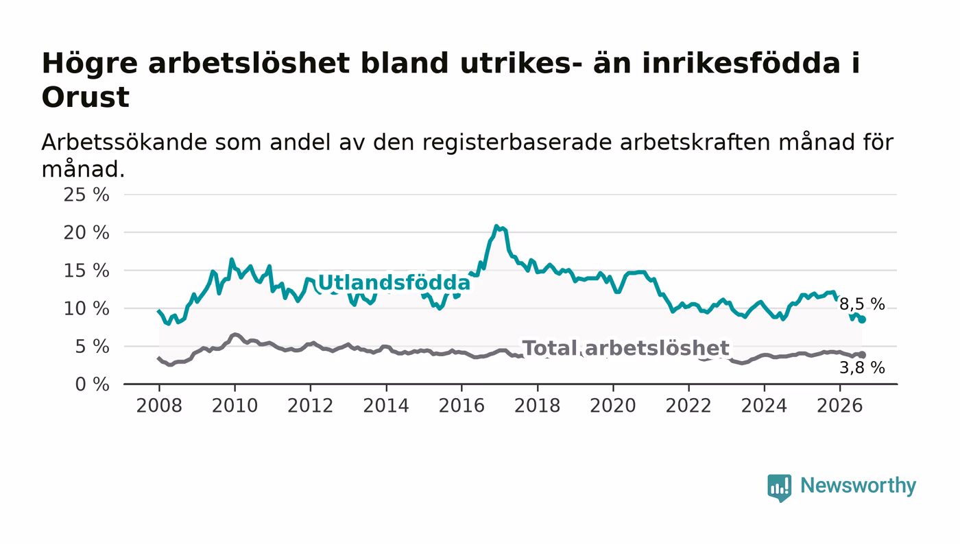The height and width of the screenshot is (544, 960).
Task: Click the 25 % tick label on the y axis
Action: pyautogui.click(x=86, y=195)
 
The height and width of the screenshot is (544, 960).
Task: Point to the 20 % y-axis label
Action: pyautogui.click(x=86, y=232)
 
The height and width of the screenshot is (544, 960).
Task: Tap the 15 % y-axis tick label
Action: pyautogui.click(x=86, y=271)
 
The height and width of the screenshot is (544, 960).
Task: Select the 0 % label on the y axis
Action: pyautogui.click(x=92, y=384)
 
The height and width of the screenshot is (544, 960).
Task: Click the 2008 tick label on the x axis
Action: pyautogui.click(x=159, y=406)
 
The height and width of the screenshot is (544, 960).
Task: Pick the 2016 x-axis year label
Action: pyautogui.click(x=461, y=406)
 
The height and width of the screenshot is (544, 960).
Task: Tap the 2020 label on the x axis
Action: pyautogui.click(x=613, y=406)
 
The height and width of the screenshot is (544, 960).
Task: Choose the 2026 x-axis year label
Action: pyautogui.click(x=839, y=406)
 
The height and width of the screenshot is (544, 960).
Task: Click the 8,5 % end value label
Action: pyautogui.click(x=862, y=304)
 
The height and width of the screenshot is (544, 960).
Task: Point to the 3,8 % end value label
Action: pyautogui.click(x=862, y=367)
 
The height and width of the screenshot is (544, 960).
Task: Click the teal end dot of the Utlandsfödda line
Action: pyautogui.click(x=862, y=319)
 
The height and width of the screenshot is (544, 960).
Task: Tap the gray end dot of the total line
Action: pyautogui.click(x=862, y=355)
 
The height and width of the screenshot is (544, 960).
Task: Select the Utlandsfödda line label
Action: pyautogui.click(x=394, y=283)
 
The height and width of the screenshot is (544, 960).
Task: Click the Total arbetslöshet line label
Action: pyautogui.click(x=625, y=348)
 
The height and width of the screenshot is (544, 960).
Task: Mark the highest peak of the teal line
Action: pyautogui.click(x=496, y=225)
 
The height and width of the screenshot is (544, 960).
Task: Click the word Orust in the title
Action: pyautogui.click(x=85, y=97)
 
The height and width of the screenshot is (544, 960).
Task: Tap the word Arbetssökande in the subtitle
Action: pyautogui.click(x=124, y=143)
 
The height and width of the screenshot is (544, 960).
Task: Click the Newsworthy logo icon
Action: pyautogui.click(x=779, y=487)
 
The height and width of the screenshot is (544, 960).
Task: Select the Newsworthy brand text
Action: pyautogui.click(x=858, y=486)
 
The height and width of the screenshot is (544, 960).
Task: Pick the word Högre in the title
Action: pyautogui.click(x=90, y=64)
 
